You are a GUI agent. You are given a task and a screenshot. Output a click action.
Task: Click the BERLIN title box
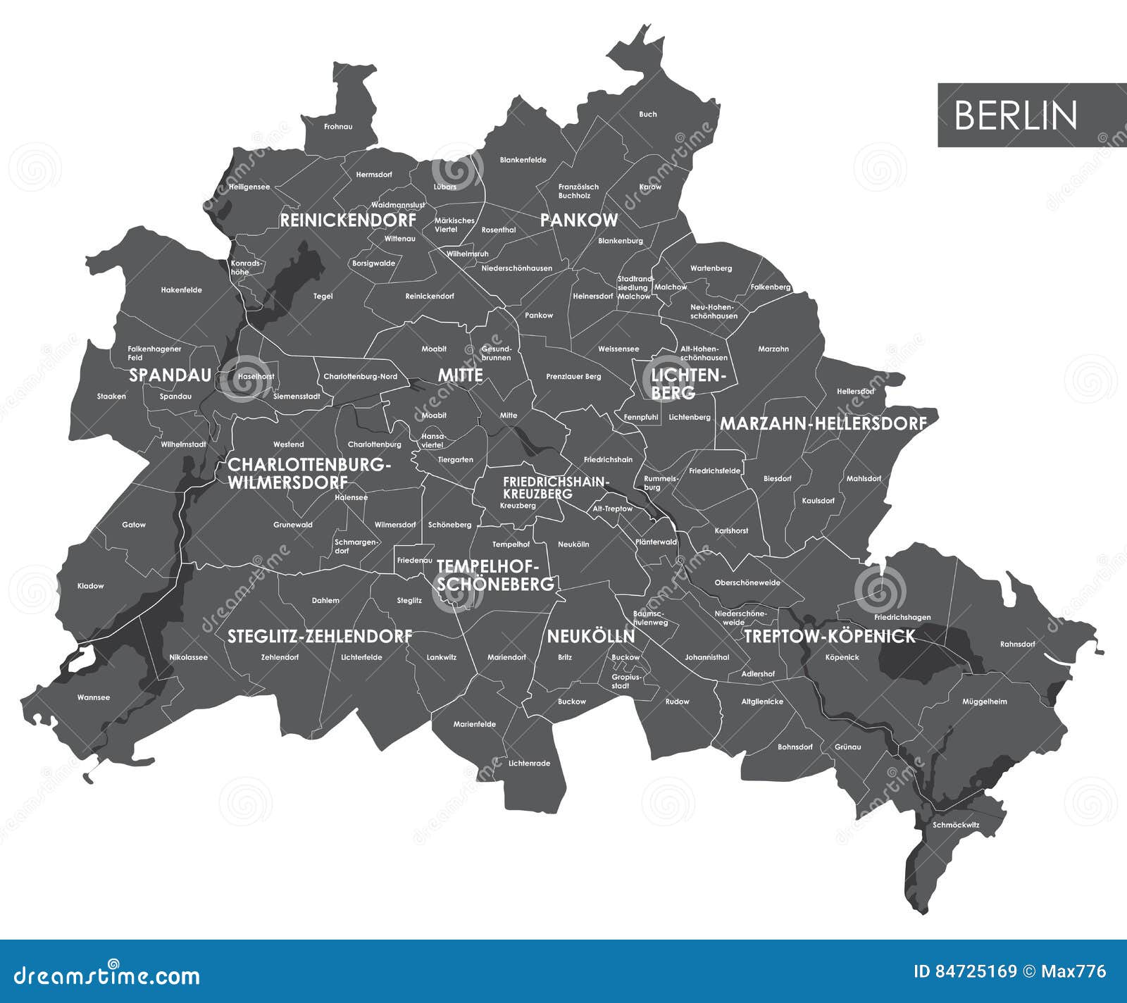tap(1031, 115)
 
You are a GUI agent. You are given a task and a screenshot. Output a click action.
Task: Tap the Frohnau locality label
tap(338, 127)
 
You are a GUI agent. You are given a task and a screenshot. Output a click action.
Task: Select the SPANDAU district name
tap(170, 375)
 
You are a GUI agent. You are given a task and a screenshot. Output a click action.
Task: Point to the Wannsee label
tap(94, 697)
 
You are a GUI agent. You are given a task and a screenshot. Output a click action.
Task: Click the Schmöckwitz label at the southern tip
tap(956, 825)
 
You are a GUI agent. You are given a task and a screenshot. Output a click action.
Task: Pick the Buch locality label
tap(648, 114)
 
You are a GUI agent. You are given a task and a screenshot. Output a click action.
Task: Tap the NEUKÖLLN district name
tap(591, 637)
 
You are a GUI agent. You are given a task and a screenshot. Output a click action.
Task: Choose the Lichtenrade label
tap(529, 764)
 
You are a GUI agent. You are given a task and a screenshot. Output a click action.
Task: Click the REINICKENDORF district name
tap(348, 220)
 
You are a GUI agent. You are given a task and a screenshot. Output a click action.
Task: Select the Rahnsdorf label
tap(1017, 644)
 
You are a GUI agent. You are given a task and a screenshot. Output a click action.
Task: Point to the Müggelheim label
tap(985, 702)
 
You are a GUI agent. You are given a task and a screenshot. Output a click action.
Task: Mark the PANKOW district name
tap(578, 220)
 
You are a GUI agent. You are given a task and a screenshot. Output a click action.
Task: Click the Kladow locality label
tap(90, 586)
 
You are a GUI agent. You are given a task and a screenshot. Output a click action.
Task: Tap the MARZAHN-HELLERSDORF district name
tap(823, 424)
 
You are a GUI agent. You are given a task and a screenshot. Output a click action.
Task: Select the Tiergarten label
tap(455, 460)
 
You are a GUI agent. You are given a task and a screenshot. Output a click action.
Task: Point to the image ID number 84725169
tap(976, 972)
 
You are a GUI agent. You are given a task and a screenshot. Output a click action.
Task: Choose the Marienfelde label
tap(474, 724)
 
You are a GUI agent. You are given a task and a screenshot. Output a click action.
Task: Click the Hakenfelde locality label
tap(181, 290)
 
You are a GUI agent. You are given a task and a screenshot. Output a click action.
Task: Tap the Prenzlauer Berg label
tap(573, 377)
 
